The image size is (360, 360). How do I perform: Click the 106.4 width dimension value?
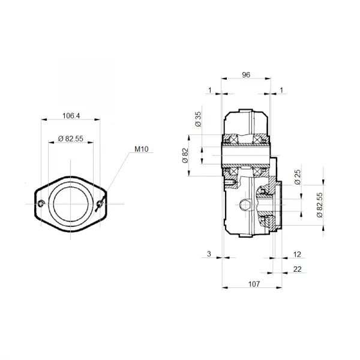pyautogui.click(x=71, y=116)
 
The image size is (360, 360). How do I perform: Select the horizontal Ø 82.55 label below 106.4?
pyautogui.click(x=71, y=139)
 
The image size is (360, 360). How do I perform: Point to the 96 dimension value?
pyautogui.click(x=245, y=75)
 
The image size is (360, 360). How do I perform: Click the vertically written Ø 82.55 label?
pyautogui.click(x=320, y=203)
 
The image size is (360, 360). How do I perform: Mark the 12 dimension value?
pyautogui.click(x=297, y=255)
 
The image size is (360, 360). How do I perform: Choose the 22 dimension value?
pyautogui.click(x=297, y=269)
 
